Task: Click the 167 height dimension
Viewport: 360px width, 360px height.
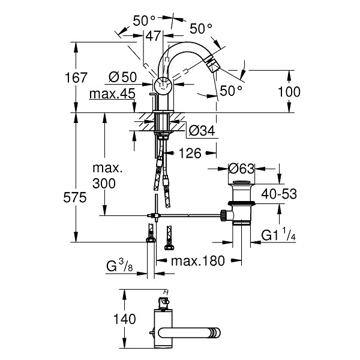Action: click(x=76, y=77)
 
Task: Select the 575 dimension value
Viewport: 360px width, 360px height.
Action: click(x=75, y=197)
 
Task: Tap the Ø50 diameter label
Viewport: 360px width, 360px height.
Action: click(x=122, y=77)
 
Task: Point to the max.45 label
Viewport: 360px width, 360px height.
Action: click(x=112, y=94)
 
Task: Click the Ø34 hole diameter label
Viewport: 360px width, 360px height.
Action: click(x=202, y=131)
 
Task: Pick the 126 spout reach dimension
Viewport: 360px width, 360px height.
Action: click(x=190, y=153)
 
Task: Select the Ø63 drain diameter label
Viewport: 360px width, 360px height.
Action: click(x=242, y=169)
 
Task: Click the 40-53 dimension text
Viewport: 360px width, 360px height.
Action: click(x=279, y=194)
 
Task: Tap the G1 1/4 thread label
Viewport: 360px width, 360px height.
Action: click(x=278, y=235)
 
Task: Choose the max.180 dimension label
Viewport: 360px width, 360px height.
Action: click(x=197, y=261)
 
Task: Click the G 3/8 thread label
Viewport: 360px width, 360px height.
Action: click(x=119, y=266)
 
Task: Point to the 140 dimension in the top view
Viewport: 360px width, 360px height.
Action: click(x=125, y=319)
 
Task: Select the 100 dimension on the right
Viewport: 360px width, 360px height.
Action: click(x=289, y=92)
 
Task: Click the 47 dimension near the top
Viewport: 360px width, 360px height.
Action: click(x=153, y=36)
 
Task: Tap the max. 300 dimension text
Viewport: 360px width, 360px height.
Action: click(x=107, y=176)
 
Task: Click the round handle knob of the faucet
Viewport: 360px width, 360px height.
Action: click(x=163, y=86)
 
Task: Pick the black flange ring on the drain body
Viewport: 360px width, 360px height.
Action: click(x=241, y=203)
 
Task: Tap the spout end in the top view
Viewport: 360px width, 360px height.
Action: click(x=216, y=333)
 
